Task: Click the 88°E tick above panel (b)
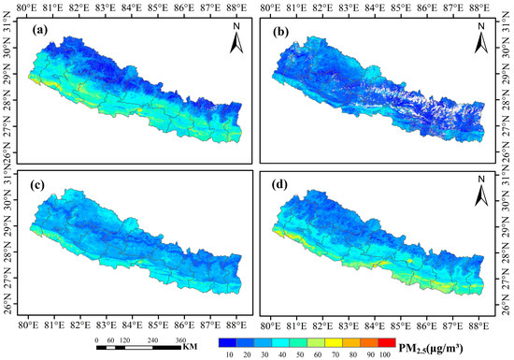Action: pos(480,7)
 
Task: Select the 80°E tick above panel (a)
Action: pos(30,7)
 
